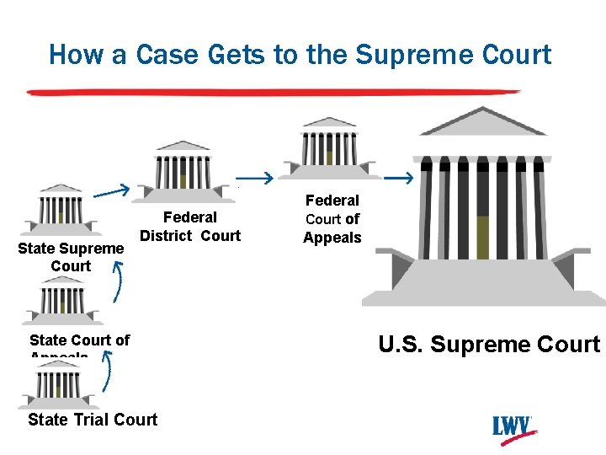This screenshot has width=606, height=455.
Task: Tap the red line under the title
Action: [x=274, y=91]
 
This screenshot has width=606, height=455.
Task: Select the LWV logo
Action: [x=514, y=426]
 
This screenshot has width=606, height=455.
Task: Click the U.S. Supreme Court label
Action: [x=489, y=345]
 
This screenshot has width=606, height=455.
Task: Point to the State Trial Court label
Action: [x=93, y=420]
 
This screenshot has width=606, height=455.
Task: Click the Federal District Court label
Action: [x=190, y=227]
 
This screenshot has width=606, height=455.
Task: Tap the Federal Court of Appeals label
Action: [x=332, y=219]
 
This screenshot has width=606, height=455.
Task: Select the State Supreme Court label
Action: [x=71, y=257]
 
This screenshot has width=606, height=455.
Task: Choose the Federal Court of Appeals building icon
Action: [x=329, y=148]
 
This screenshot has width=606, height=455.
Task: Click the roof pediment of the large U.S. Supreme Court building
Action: [x=482, y=124]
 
